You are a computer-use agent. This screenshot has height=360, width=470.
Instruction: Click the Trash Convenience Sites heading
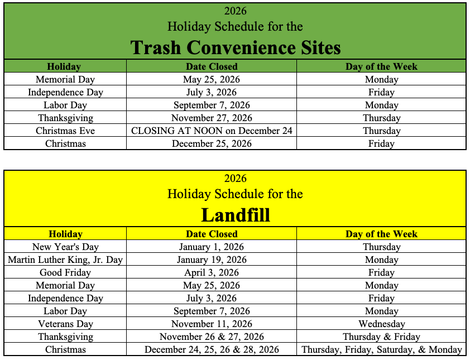(x=236, y=47)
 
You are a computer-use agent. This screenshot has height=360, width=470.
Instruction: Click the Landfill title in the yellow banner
(x=236, y=215)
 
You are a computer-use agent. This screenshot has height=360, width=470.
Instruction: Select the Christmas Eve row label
(x=65, y=131)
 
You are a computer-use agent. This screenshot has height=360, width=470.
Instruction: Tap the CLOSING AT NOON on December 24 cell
(x=212, y=131)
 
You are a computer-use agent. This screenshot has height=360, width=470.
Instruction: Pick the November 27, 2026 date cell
(x=212, y=118)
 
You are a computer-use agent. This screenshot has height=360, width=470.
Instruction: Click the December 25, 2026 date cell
(x=212, y=143)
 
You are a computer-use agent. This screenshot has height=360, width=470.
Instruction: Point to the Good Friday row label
(x=65, y=272)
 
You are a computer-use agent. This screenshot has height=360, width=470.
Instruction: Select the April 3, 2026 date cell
(x=212, y=272)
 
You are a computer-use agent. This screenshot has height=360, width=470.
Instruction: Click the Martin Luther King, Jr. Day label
(x=65, y=260)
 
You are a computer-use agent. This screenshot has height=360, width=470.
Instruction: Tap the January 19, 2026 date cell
(x=212, y=260)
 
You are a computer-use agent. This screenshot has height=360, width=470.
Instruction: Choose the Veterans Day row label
(x=65, y=324)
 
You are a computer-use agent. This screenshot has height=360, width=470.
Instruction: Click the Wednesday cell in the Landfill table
(x=382, y=324)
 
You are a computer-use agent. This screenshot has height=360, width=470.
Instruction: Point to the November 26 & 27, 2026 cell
(x=212, y=337)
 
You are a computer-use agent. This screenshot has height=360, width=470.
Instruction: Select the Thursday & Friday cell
(x=382, y=337)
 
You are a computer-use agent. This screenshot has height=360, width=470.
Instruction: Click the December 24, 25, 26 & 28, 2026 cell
(x=212, y=349)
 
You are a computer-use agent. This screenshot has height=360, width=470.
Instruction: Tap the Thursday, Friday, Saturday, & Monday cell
(x=382, y=349)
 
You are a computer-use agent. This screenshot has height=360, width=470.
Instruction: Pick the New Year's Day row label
(x=65, y=247)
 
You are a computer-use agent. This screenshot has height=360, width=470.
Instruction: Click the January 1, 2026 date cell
(x=212, y=247)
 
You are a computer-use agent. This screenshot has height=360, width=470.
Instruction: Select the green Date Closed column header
(x=212, y=66)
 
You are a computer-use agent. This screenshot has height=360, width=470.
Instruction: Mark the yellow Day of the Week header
(x=382, y=234)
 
